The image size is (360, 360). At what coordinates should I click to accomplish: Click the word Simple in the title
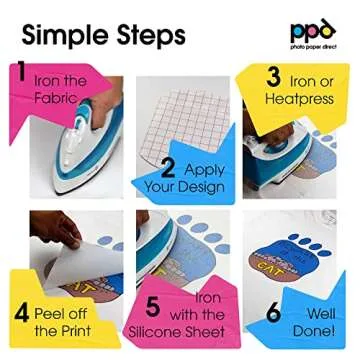(x=62, y=36)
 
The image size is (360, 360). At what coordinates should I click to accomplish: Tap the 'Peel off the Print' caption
(x=62, y=321)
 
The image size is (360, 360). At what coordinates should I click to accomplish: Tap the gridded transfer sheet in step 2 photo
(x=190, y=110)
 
